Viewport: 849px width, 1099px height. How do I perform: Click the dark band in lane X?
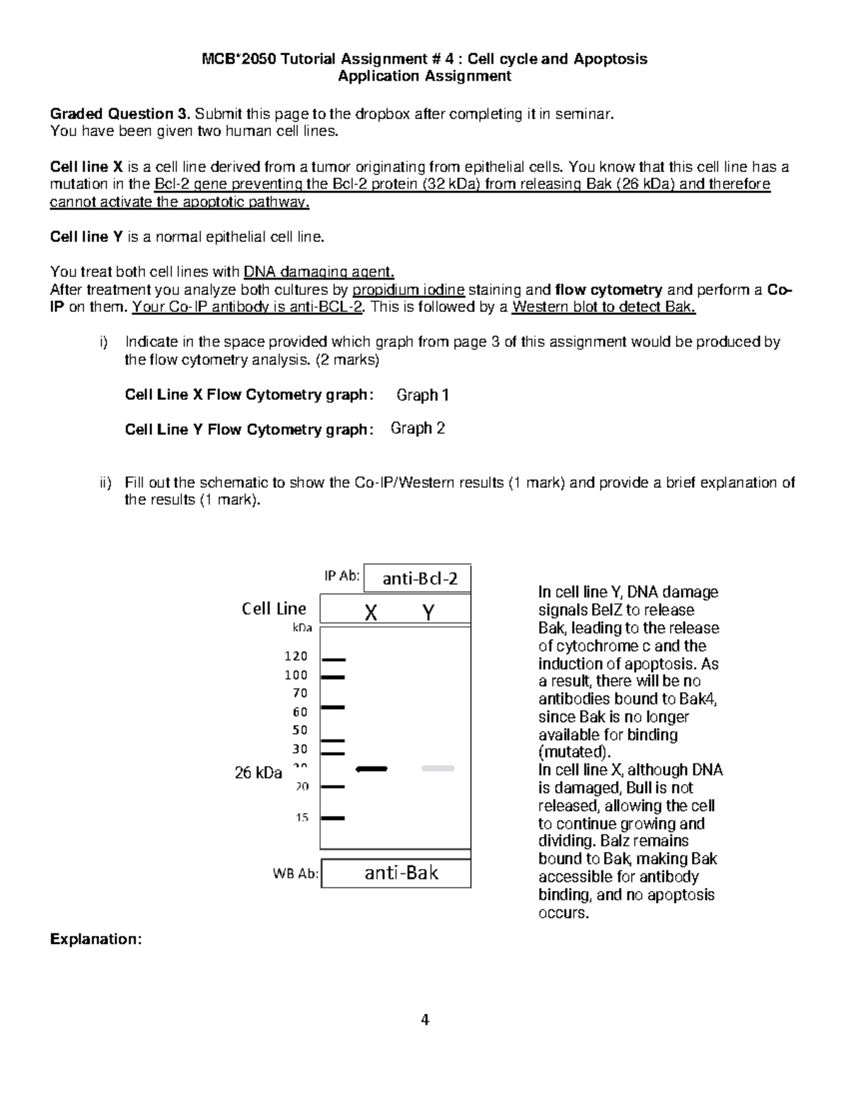pyautogui.click(x=372, y=768)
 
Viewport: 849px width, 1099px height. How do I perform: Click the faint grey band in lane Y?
pyautogui.click(x=438, y=768)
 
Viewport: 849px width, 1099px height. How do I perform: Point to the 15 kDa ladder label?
pyautogui.click(x=302, y=817)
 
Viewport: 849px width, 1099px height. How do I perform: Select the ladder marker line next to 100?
pyautogui.click(x=333, y=677)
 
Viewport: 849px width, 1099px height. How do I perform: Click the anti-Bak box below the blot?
pyautogui.click(x=401, y=873)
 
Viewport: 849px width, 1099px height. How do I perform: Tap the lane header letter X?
pyautogui.click(x=371, y=612)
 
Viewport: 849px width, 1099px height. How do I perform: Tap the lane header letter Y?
pyautogui.click(x=428, y=612)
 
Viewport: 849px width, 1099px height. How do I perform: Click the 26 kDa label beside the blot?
pyautogui.click(x=258, y=772)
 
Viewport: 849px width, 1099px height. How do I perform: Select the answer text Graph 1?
pyautogui.click(x=422, y=395)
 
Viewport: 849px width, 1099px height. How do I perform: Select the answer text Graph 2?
pyautogui.click(x=417, y=428)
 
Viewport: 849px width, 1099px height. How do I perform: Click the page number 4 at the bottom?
pyautogui.click(x=424, y=1020)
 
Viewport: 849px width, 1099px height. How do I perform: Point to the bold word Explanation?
pyautogui.click(x=96, y=939)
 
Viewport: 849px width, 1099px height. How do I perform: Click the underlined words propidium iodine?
pyautogui.click(x=408, y=289)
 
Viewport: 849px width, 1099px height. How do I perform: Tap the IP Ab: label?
pyautogui.click(x=342, y=575)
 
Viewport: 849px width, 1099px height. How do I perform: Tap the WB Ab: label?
pyautogui.click(x=296, y=873)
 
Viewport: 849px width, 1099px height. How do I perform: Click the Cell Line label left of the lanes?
pyautogui.click(x=274, y=609)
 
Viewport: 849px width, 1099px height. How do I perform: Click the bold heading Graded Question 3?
pyautogui.click(x=120, y=114)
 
